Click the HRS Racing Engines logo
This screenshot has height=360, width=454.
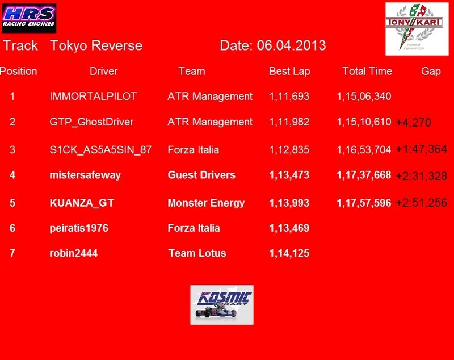[x=29, y=18]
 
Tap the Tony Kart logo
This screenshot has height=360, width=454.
[x=417, y=29]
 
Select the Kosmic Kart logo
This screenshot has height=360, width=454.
[x=222, y=305]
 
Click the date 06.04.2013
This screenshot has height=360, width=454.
[x=291, y=45]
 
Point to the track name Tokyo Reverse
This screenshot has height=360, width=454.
[x=96, y=46]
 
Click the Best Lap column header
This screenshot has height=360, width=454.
[x=289, y=71]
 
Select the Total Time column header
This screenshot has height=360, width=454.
[x=367, y=71]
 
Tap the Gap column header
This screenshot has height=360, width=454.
[x=431, y=71]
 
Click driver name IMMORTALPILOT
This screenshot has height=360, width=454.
[x=93, y=96]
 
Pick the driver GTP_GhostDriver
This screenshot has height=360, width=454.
[x=91, y=122]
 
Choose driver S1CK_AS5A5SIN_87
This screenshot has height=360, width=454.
[x=100, y=150]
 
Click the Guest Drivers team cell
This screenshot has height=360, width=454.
[x=201, y=175]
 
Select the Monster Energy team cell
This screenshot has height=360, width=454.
[x=206, y=203]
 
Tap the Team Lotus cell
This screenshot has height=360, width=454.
[x=197, y=253]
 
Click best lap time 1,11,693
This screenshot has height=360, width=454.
[x=289, y=97]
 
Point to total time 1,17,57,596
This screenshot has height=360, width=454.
[x=364, y=203]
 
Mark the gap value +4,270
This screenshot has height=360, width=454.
[x=414, y=123]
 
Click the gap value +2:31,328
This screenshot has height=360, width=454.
[x=422, y=176]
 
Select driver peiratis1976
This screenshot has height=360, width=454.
[x=79, y=228]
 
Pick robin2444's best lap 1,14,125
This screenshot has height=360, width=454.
[x=289, y=253]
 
